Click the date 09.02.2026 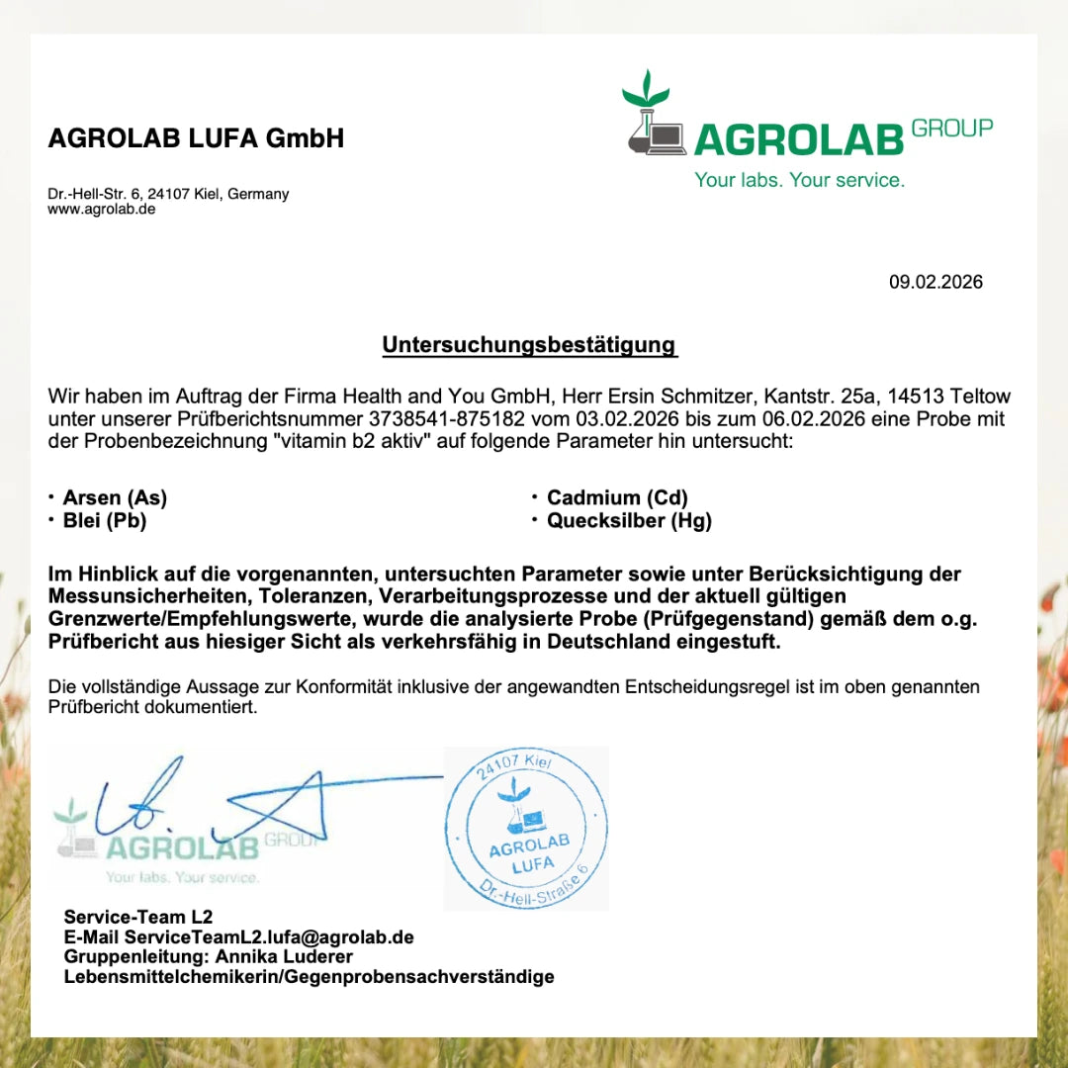coord(935,282)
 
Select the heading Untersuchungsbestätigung coord(529,345)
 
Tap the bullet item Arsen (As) coord(115,497)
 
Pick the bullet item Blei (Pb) coord(105,520)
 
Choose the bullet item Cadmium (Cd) coord(617,497)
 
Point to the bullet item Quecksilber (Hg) coord(629,520)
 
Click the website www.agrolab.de coord(102,210)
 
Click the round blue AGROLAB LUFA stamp coord(525,829)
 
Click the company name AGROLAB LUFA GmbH coord(196,138)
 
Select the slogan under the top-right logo coord(799,180)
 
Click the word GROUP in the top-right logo coord(951,129)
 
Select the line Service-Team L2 coord(137,917)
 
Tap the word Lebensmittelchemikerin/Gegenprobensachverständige coord(309,977)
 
